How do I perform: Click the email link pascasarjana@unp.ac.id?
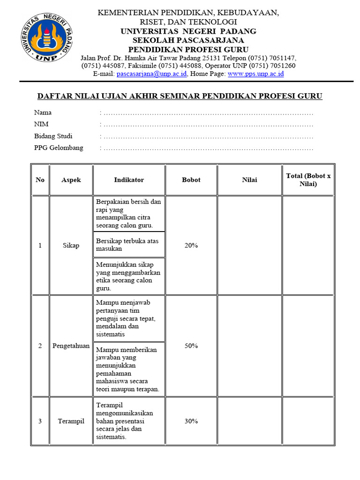[x=152, y=74]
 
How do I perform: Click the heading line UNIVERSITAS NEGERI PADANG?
[x=188, y=31]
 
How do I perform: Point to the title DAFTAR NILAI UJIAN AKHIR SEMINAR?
[x=180, y=96]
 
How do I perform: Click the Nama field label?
[x=43, y=112]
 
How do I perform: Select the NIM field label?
[x=41, y=124]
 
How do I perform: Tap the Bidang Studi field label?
[x=53, y=136]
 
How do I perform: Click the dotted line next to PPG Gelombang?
[x=208, y=148]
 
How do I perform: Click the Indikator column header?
[x=129, y=180]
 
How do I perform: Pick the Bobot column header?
[x=191, y=180]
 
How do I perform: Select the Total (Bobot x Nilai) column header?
[x=308, y=180]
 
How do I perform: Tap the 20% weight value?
[x=191, y=246]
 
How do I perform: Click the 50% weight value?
[x=191, y=346]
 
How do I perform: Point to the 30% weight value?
[x=191, y=421]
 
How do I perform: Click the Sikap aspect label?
[x=71, y=246]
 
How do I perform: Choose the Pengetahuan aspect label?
[x=71, y=346]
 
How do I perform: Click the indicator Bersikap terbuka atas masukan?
[x=127, y=245]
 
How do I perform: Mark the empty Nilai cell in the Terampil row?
[x=249, y=421]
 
